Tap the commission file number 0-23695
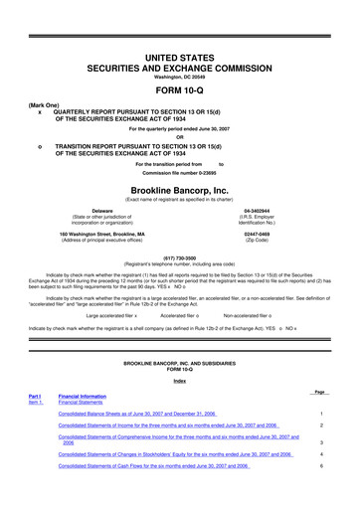pos(179,173)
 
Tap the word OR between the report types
pos(179,136)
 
